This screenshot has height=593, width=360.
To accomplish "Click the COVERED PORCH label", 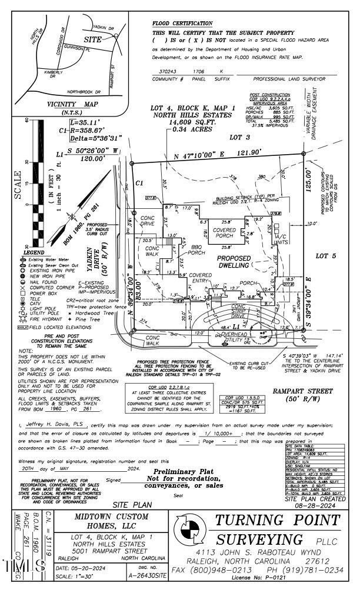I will tap(225, 233).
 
